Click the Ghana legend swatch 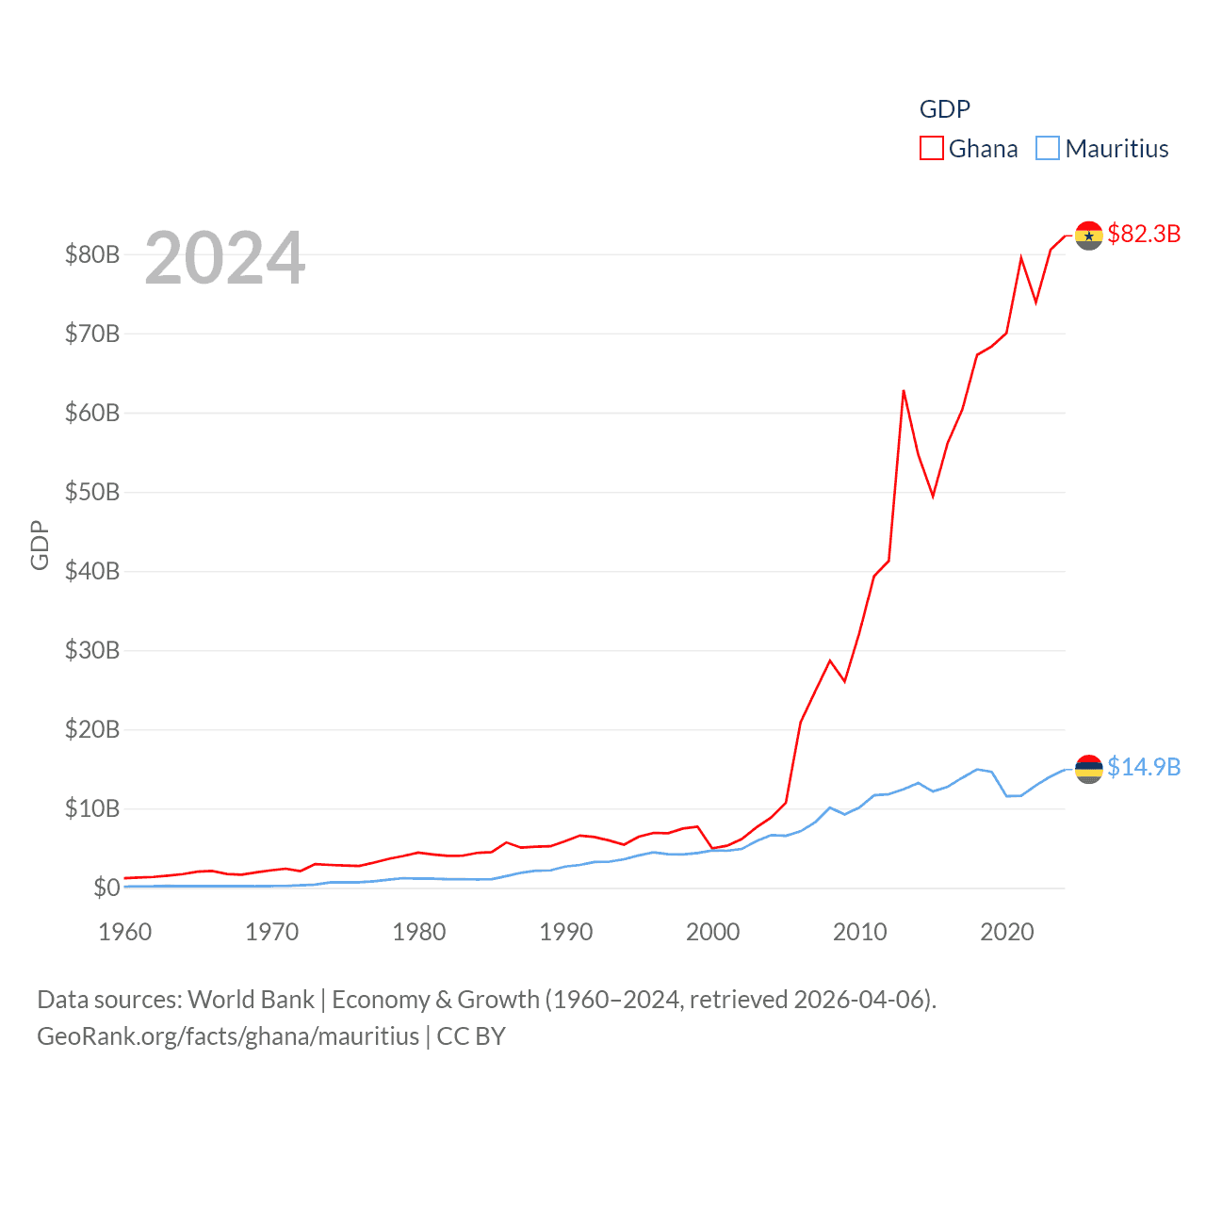click(931, 149)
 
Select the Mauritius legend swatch click(1048, 149)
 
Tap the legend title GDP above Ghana click(944, 109)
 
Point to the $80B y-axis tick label click(91, 254)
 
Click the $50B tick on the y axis click(91, 492)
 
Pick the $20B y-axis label click(91, 729)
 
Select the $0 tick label click(106, 888)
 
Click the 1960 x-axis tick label click(124, 932)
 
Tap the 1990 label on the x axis click(565, 932)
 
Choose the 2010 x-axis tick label click(859, 932)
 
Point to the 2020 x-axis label click(1006, 932)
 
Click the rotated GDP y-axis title click(40, 545)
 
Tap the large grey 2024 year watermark click(224, 258)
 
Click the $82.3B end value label click(1143, 234)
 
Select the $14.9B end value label click(1143, 767)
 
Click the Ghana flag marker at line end click(1088, 236)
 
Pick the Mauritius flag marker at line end click(1088, 769)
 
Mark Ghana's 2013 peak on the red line click(904, 391)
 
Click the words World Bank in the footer click(251, 999)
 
